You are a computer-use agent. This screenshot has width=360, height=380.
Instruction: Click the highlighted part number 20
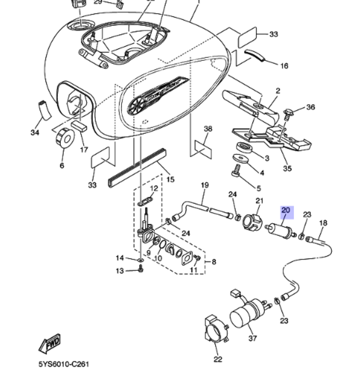click(x=287, y=212)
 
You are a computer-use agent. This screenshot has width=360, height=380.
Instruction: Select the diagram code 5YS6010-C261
click(x=64, y=364)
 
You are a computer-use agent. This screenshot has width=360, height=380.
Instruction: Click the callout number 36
click(x=310, y=107)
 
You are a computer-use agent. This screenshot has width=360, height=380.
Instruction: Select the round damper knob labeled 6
click(x=65, y=138)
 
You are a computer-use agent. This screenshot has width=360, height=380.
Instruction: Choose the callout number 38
click(x=208, y=129)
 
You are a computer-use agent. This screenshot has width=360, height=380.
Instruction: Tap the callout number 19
click(x=204, y=185)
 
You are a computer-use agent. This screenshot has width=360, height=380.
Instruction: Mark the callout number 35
click(x=287, y=168)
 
